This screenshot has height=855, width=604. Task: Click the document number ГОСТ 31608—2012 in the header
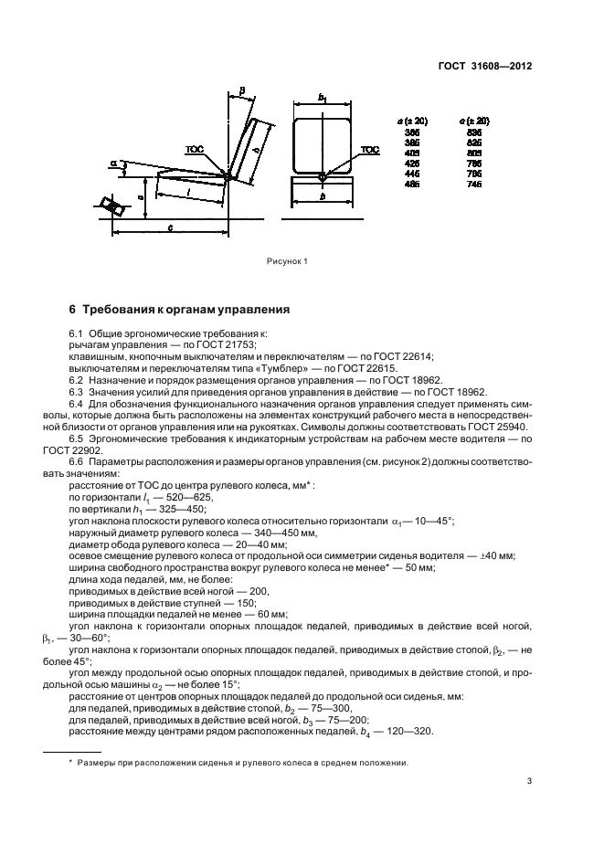[488, 67]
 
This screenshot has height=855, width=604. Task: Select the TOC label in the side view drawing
[194, 147]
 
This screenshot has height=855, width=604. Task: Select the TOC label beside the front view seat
[369, 149]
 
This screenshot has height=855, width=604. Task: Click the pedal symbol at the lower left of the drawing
[115, 207]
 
